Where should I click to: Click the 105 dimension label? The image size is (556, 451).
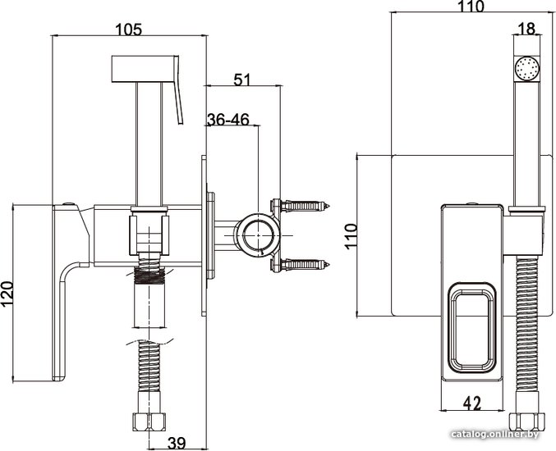tap(129, 29)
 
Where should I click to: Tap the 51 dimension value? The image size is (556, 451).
tap(241, 80)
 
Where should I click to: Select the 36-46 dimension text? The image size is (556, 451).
tap(228, 119)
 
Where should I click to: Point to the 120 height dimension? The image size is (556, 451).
tap(7, 294)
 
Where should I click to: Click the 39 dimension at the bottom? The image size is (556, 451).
tap(177, 443)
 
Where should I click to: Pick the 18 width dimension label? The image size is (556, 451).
tap(526, 29)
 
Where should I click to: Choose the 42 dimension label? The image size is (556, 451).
tap(472, 403)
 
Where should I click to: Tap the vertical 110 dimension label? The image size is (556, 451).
tap(351, 236)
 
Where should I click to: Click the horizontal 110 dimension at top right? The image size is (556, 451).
tap(471, 7)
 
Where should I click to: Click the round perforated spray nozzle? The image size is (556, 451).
tap(526, 69)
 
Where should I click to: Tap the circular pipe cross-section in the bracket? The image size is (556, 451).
tap(258, 235)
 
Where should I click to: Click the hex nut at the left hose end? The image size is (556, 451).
tap(149, 421)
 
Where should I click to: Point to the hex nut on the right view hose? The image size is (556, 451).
tap(526, 422)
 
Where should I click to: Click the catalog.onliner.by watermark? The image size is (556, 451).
tap(495, 435)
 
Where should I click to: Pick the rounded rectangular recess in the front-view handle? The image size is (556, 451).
tap(472, 329)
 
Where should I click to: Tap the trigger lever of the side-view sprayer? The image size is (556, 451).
tap(178, 90)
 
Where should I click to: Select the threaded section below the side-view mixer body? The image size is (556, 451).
tap(149, 276)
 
